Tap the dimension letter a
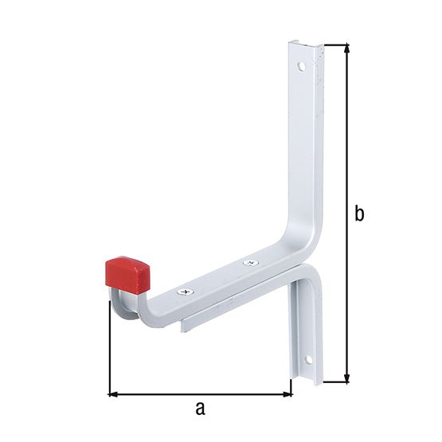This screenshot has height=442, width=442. pos(200,409)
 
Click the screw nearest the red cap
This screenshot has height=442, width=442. pos(187,293)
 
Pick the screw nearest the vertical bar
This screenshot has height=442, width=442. pos(249,261)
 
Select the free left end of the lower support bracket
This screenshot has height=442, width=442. pos(186,324)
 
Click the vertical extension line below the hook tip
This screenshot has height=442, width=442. pos(108,350)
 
